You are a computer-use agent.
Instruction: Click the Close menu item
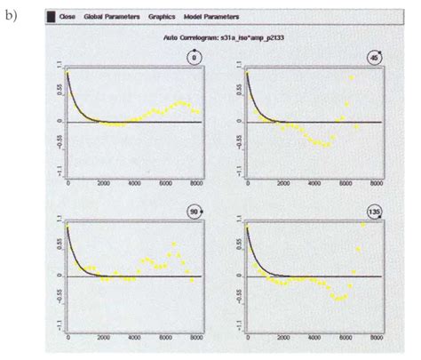tap(68, 17)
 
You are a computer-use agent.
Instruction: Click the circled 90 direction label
tap(194, 212)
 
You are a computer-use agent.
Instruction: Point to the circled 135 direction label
tap(374, 212)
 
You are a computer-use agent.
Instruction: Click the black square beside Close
tap(51, 17)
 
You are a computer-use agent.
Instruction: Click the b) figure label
tap(13, 15)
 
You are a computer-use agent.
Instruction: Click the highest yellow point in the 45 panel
tap(352, 78)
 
